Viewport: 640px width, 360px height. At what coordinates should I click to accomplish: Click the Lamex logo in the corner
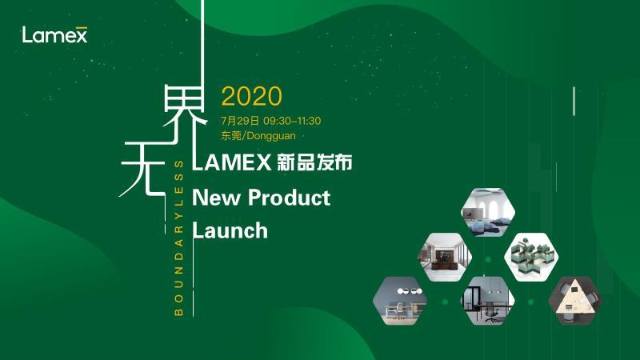(x=54, y=34)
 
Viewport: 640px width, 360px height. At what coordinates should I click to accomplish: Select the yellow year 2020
(x=251, y=96)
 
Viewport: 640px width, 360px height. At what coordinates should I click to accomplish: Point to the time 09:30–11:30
(x=292, y=121)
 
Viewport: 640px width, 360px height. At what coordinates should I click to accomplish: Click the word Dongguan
(x=271, y=136)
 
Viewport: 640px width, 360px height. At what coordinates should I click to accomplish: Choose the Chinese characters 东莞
(x=231, y=135)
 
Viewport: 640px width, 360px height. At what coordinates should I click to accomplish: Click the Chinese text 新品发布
(x=314, y=162)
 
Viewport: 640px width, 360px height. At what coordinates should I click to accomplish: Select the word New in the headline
(x=216, y=198)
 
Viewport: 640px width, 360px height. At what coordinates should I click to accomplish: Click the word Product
(x=290, y=198)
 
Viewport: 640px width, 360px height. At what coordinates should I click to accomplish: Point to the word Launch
(x=230, y=230)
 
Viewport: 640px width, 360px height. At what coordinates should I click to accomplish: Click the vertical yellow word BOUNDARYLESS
(x=178, y=238)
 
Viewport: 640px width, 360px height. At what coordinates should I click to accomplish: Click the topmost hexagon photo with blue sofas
(x=488, y=212)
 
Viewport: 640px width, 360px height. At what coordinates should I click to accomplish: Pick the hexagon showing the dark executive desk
(x=445, y=257)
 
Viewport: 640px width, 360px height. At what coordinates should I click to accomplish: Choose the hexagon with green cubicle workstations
(x=531, y=257)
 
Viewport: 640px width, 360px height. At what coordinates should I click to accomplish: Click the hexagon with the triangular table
(x=574, y=301)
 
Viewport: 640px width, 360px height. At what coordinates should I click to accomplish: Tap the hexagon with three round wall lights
(x=401, y=301)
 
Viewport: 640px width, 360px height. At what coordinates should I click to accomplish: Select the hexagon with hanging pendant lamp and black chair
(x=488, y=301)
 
